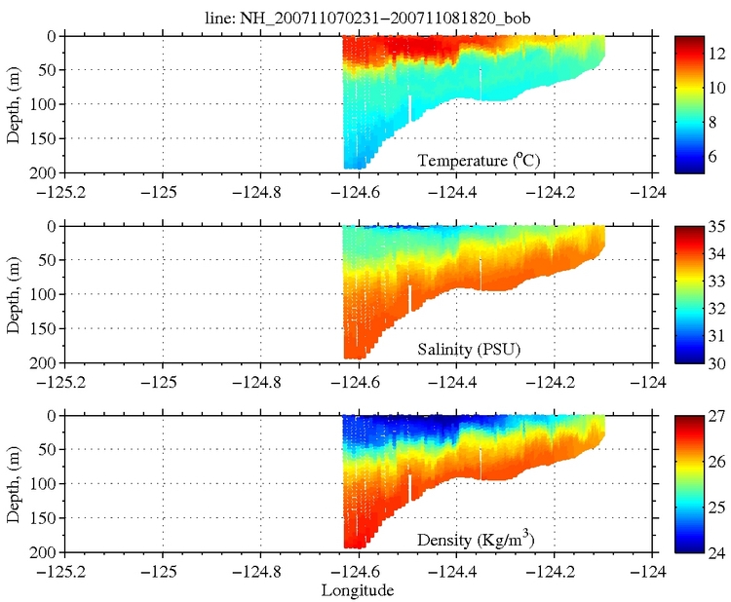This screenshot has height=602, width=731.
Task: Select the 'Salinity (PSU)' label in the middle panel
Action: [461, 349]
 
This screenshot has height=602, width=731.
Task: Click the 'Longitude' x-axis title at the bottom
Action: [357, 590]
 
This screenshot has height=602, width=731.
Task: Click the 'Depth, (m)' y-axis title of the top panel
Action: [13, 102]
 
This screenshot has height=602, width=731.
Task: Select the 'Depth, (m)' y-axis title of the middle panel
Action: [13, 292]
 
